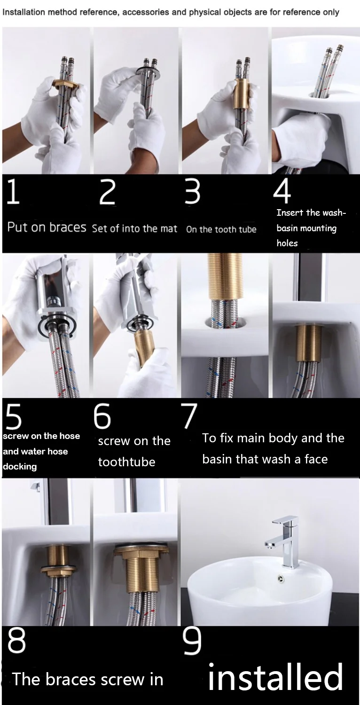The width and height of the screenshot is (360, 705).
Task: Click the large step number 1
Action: [x=13, y=192]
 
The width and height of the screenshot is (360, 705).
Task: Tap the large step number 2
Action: [x=107, y=192]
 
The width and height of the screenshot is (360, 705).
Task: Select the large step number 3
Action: [x=192, y=192]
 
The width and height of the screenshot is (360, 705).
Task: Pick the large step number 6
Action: [x=102, y=416]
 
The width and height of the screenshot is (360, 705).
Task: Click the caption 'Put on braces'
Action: [x=47, y=227]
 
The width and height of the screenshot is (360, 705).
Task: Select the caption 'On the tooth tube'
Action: [x=221, y=229]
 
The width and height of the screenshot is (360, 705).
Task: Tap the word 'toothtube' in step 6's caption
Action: [x=126, y=462]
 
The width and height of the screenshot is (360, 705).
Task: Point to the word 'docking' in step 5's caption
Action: [x=20, y=467]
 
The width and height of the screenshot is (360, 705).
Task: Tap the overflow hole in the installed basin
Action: [x=282, y=579]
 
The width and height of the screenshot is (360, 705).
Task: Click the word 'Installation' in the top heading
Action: [x=22, y=12]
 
